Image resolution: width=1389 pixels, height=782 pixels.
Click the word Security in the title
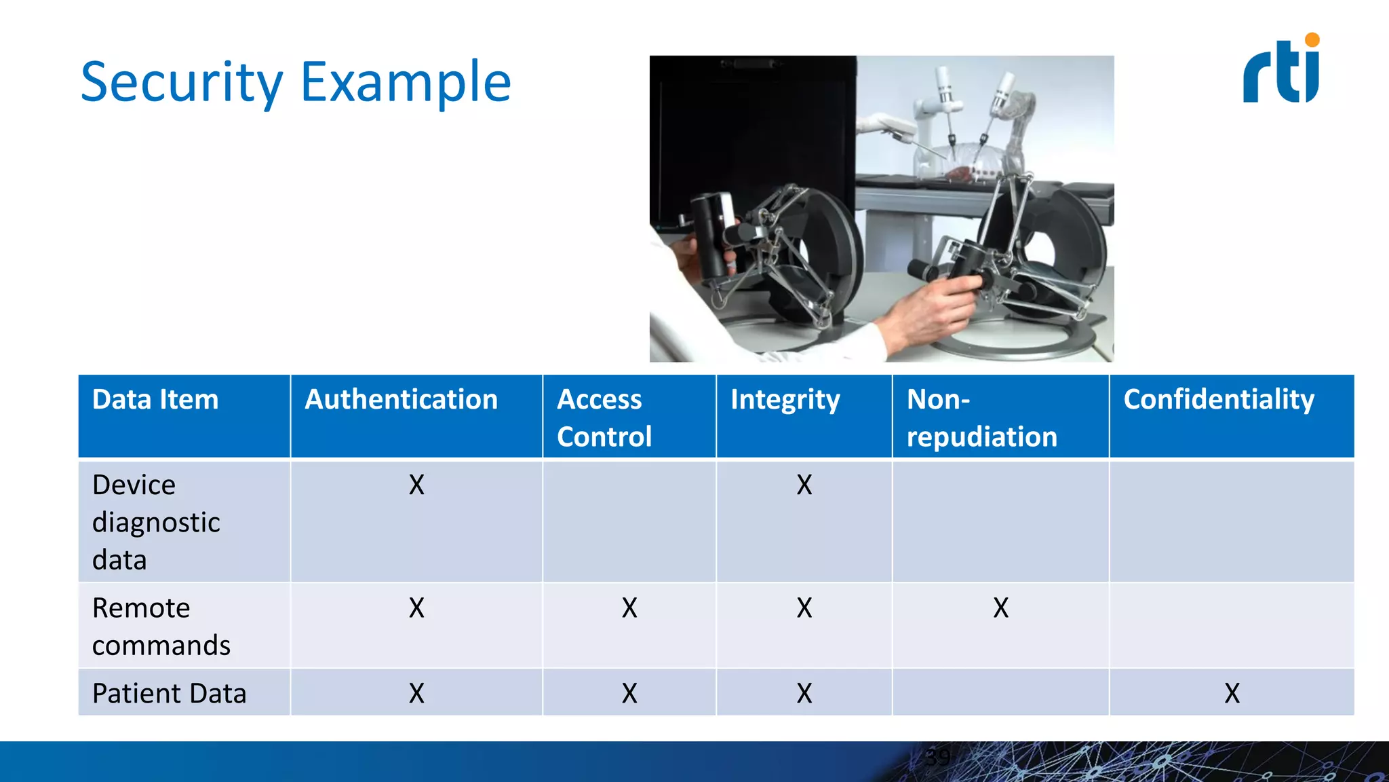181,82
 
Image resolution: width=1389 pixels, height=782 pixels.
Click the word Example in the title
406,82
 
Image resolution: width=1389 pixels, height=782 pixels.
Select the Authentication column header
401,399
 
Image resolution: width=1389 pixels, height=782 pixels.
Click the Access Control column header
604,417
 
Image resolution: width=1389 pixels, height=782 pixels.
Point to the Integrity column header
785,400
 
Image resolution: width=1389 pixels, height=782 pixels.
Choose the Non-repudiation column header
981,417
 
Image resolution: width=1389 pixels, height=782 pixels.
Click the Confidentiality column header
1219,399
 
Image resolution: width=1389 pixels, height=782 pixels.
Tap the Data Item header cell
155,399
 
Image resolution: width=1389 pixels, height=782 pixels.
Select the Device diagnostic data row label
156,522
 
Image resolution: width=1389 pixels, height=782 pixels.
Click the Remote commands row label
161,626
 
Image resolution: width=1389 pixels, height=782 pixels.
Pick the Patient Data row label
169,693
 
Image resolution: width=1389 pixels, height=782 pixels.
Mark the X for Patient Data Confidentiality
1232,693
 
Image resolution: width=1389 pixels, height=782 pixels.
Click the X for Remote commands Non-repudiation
1000,608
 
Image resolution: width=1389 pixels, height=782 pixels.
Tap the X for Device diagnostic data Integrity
804,485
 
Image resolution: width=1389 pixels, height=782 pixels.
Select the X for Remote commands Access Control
629,608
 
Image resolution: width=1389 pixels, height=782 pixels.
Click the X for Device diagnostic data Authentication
416,485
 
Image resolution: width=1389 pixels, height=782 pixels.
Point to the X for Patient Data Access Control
629,693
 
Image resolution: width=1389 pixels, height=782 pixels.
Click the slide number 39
938,758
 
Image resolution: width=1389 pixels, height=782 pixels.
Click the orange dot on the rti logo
1312,40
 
